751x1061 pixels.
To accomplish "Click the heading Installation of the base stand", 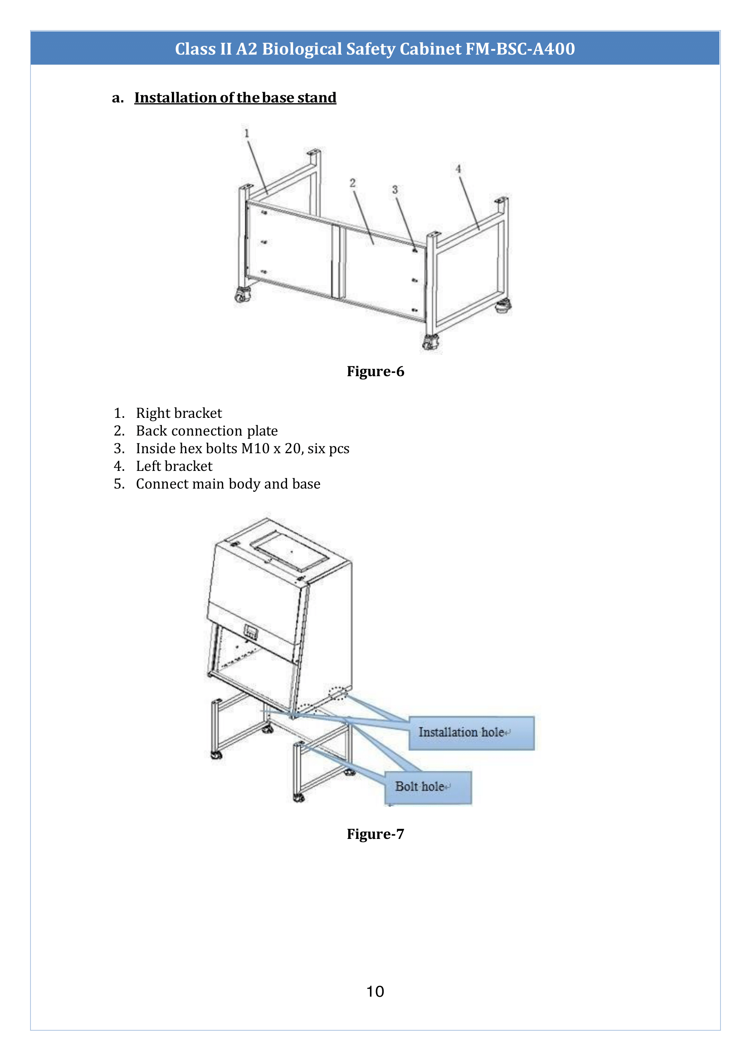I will (235, 97).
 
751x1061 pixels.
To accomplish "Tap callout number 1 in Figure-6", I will (247, 133).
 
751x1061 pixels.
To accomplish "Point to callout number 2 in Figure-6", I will (352, 183).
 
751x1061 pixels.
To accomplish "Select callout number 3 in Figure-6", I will (395, 189).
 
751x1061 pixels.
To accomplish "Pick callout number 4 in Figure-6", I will (458, 169).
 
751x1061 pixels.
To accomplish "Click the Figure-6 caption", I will (375, 372).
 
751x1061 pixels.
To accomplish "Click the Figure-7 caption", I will (375, 834).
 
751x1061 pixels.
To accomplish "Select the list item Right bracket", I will (179, 413).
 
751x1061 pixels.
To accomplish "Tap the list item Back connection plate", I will (206, 431).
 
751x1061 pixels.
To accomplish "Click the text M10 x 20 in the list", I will (271, 448).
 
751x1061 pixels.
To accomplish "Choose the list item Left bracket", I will (174, 466).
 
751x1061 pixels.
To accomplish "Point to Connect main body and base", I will (228, 484).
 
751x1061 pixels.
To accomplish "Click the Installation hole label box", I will (471, 733).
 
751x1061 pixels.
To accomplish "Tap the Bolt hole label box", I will (428, 787).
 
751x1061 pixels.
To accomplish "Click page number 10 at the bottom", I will (375, 992).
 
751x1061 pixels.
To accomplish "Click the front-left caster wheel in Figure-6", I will (242, 295).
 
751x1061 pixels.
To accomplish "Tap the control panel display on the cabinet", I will (250, 632).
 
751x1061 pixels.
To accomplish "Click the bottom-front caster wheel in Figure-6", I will (430, 343).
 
